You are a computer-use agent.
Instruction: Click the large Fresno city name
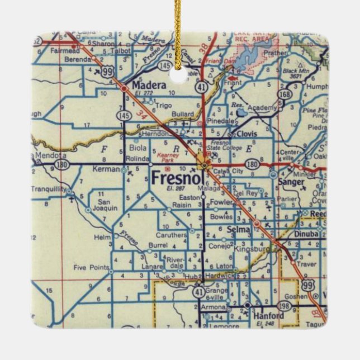coord(173,178)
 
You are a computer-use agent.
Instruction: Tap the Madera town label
coord(150,85)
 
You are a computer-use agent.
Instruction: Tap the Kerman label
coord(107,169)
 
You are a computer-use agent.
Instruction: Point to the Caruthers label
coord(170,235)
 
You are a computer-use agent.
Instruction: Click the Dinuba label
coord(306,234)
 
